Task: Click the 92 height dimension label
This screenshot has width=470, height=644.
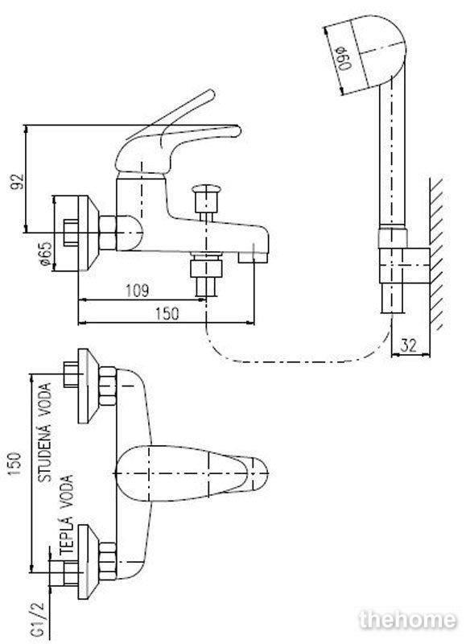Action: click(x=18, y=182)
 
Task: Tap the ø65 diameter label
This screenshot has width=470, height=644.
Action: click(x=47, y=254)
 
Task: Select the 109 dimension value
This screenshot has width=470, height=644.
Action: click(x=137, y=291)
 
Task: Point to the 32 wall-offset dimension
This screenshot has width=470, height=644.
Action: click(x=408, y=345)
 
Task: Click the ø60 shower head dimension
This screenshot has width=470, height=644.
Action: click(x=344, y=59)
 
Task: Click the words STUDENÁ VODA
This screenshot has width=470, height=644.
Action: click(x=45, y=432)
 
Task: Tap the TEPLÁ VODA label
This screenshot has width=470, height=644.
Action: click(x=67, y=516)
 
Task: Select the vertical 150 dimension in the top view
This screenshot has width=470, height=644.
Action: click(x=14, y=464)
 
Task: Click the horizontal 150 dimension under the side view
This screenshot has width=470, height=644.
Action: click(x=167, y=314)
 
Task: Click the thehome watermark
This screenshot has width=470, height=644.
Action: click(x=407, y=620)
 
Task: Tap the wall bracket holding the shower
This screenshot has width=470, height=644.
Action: click(x=404, y=266)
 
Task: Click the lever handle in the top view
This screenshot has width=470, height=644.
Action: click(x=191, y=473)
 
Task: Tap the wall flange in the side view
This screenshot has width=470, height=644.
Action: click(x=88, y=233)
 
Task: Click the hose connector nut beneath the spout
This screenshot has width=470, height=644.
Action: click(x=206, y=269)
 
